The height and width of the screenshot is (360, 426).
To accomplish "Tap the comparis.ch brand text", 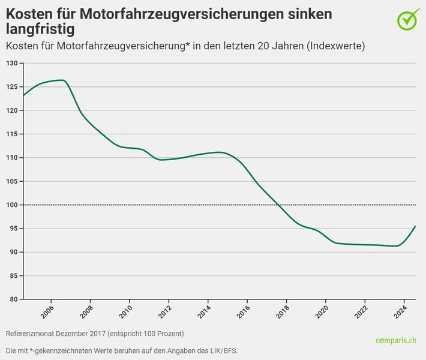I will (395, 341).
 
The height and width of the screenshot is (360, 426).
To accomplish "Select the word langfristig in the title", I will (41, 29).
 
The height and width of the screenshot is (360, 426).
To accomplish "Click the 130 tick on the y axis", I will (11, 64).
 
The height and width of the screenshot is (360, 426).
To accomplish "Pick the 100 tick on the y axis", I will (11, 205).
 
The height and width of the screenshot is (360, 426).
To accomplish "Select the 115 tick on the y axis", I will (11, 134).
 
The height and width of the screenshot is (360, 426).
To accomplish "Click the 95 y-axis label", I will (13, 229).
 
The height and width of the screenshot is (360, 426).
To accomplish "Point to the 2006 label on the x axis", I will (50, 312).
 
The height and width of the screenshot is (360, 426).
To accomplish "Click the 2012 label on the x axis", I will (168, 312).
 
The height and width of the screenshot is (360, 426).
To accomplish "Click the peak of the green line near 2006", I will (61, 80).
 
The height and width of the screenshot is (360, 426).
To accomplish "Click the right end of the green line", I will (415, 226).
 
